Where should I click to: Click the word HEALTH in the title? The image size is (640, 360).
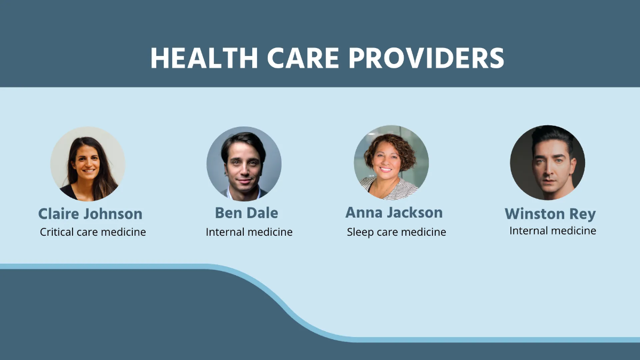[x=204, y=58]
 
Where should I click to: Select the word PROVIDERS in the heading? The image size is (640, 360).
[x=426, y=58]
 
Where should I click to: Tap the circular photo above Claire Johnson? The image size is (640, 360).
[x=88, y=163]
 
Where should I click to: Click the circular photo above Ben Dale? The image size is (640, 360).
[x=244, y=163]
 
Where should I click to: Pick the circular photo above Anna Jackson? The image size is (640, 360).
[x=391, y=162]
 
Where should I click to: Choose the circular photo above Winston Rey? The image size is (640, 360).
[x=547, y=163]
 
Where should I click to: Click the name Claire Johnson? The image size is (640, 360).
[x=90, y=214]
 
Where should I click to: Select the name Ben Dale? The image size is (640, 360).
[x=246, y=213]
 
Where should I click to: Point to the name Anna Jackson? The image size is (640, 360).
[x=394, y=212]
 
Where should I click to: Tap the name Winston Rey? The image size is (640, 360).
[x=550, y=214]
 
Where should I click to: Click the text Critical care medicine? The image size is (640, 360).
[x=93, y=232]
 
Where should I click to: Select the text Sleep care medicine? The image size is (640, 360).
[x=396, y=232]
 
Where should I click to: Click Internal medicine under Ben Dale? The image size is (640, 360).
[x=249, y=232]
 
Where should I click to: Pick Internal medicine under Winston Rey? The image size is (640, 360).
[x=553, y=230]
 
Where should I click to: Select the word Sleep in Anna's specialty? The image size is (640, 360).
[x=359, y=232]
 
